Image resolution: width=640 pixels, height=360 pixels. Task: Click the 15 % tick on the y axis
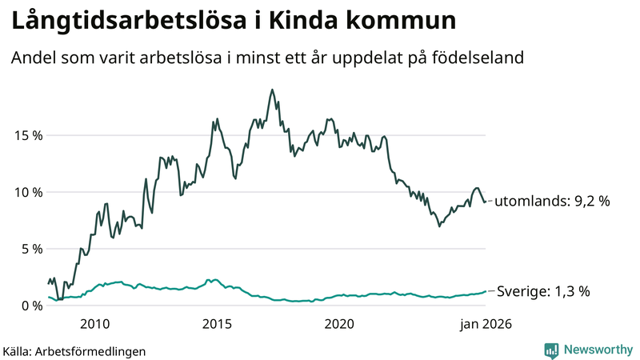click(x=26, y=135)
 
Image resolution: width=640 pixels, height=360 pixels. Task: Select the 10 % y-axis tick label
click(x=26, y=192)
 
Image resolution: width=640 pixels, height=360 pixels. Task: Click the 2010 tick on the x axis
click(x=94, y=324)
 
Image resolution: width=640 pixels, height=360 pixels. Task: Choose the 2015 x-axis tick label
click(x=217, y=324)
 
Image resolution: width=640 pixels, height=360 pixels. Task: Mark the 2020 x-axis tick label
click(x=339, y=324)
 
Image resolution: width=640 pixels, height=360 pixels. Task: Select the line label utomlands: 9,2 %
click(x=551, y=202)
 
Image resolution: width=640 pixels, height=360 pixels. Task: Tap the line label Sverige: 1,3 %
click(x=544, y=292)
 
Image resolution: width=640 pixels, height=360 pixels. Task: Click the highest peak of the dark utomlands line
click(x=272, y=90)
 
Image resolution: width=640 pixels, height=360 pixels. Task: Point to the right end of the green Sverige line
click(x=486, y=292)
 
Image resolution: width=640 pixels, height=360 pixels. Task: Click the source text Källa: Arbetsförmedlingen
click(x=74, y=351)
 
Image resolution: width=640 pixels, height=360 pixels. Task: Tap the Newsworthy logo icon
click(x=551, y=350)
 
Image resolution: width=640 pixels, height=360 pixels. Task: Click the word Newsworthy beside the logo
click(x=597, y=350)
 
